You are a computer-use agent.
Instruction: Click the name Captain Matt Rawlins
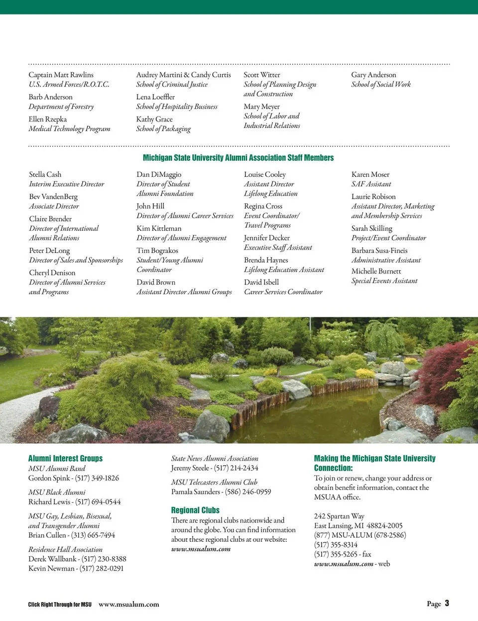pos(61,75)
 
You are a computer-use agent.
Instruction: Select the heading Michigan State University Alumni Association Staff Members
pos(238,158)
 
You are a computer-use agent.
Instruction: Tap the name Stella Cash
pos(45,174)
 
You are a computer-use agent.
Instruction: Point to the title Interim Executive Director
pos(67,184)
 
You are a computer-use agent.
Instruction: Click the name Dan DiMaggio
pos(159,174)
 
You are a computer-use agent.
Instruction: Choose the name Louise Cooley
pos(265,174)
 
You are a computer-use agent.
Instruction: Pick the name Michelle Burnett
pos(376,271)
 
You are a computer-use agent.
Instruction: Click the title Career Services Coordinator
pos(283,292)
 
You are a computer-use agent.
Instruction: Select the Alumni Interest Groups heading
pos(65,458)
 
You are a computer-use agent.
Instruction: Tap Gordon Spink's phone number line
pos(74,478)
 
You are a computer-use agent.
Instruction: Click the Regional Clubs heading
pos(195,510)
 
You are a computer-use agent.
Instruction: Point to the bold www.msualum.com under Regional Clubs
pos(201,549)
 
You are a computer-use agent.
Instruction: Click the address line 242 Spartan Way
pos(339,516)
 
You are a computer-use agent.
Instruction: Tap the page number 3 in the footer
pos(447,603)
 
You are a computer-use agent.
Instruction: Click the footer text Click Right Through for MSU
pos(60,605)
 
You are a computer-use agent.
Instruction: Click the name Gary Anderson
pos(373,75)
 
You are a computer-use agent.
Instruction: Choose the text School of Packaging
pos(163,129)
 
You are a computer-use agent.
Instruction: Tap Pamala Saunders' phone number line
pos(221,492)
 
